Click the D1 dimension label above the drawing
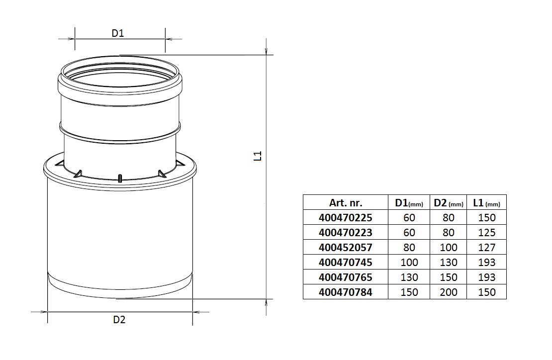(x=117, y=33)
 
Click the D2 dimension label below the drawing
(x=119, y=320)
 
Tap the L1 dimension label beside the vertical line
(x=257, y=156)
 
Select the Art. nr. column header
(x=346, y=202)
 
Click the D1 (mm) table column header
(x=409, y=202)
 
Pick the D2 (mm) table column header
(x=448, y=202)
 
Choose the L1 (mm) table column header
(x=486, y=202)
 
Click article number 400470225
(x=346, y=217)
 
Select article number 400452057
(x=346, y=247)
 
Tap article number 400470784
(x=346, y=292)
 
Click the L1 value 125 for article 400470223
(x=486, y=232)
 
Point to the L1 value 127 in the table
(x=486, y=247)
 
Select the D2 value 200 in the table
(x=448, y=292)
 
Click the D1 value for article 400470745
(x=409, y=262)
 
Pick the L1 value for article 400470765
(x=486, y=277)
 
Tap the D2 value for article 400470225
(x=448, y=217)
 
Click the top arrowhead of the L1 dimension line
(x=267, y=52)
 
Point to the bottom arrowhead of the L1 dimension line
(x=267, y=302)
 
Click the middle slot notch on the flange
(x=120, y=178)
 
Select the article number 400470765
(x=346, y=277)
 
